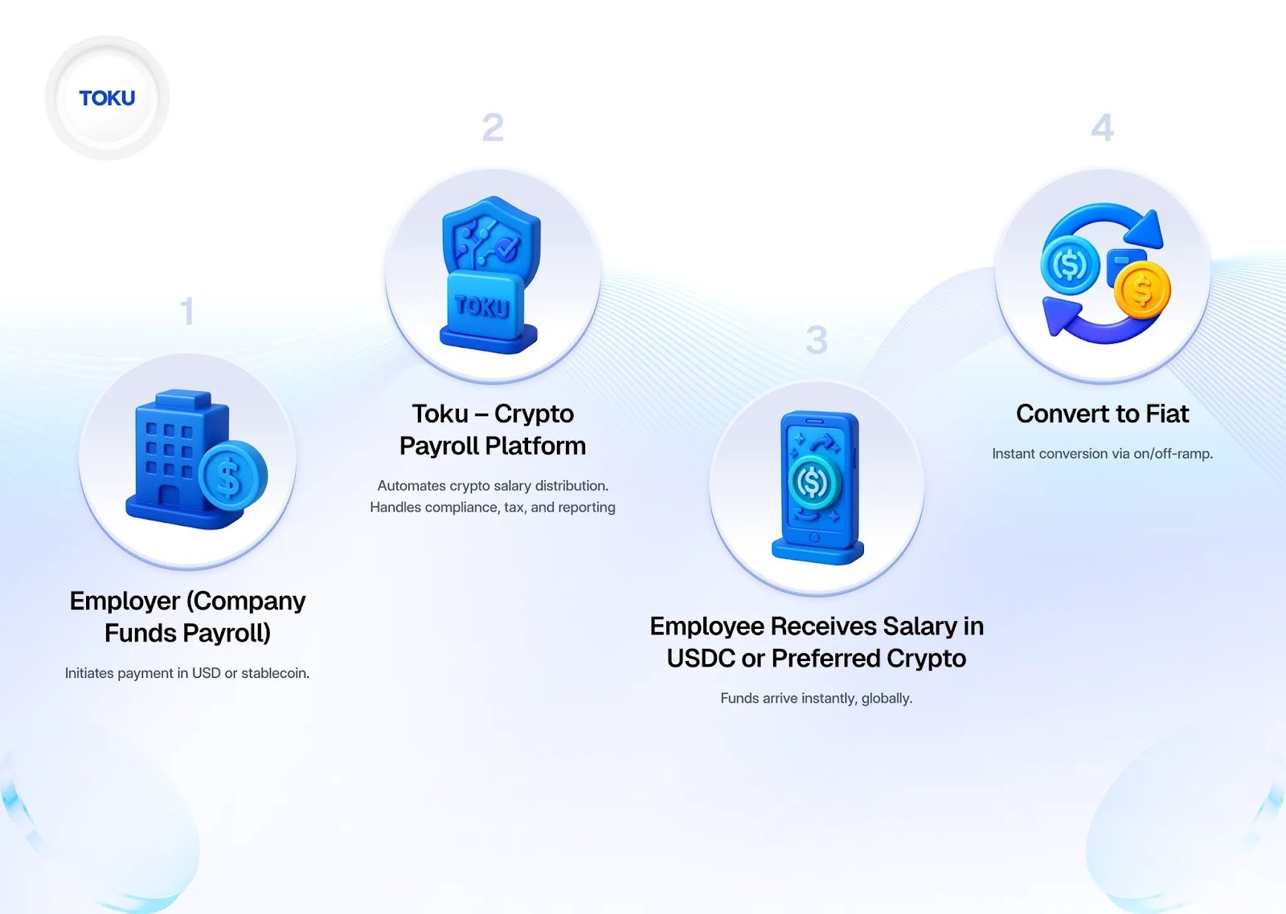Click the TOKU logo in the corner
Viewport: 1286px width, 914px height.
pos(107,98)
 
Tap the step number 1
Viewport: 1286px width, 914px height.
pos(187,312)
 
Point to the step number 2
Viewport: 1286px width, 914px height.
pos(493,128)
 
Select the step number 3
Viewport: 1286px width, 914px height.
pos(817,341)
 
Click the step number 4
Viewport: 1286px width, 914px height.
pos(1102,128)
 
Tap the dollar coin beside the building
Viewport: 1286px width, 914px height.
pos(232,476)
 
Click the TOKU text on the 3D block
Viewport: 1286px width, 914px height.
pos(482,306)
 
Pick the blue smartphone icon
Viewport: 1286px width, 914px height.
pos(817,487)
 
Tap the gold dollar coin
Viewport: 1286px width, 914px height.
pos(1142,290)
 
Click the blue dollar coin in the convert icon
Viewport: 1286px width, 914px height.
pos(1070,264)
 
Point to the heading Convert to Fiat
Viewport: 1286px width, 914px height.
pos(1102,414)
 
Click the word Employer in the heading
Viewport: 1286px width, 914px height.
pos(125,601)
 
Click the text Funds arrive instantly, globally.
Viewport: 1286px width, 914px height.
pos(816,698)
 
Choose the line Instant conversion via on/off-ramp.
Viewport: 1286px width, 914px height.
pos(1102,454)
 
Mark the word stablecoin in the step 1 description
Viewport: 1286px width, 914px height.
pos(275,673)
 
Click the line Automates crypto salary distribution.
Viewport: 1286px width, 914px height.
pos(493,486)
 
